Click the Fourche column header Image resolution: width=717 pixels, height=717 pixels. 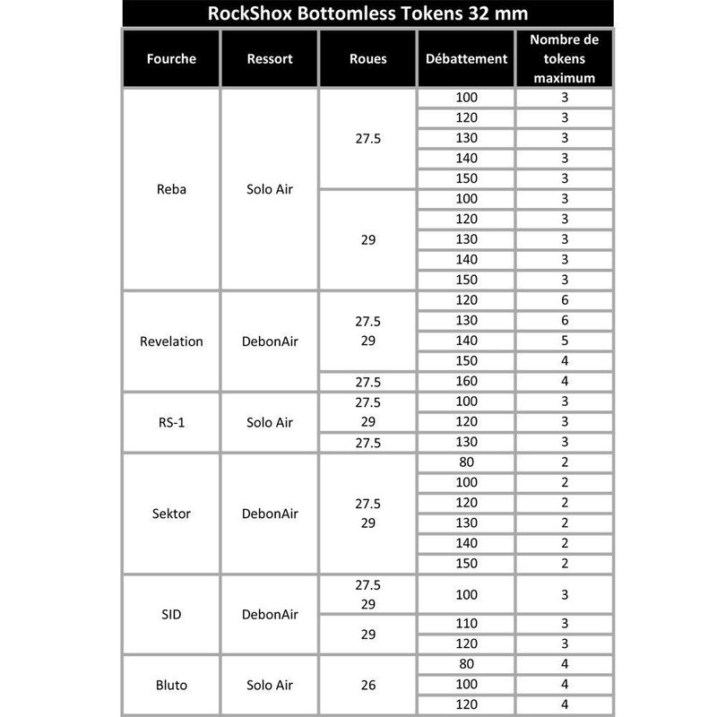tap(171, 59)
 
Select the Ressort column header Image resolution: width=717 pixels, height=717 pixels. tap(270, 59)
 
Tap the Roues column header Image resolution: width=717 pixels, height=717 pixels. tap(367, 59)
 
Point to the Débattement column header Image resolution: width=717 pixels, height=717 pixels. tap(466, 59)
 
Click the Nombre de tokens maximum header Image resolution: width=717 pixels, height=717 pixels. tap(565, 59)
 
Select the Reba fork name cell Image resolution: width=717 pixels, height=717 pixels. tap(171, 189)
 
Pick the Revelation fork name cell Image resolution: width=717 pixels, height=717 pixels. tap(171, 341)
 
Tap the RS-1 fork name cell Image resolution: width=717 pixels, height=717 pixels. tap(171, 422)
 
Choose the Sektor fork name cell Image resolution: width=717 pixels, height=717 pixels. tap(171, 514)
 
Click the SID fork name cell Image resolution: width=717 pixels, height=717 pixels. tap(171, 615)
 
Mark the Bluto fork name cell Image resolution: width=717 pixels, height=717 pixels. tap(171, 686)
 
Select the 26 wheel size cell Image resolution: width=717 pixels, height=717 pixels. tap(367, 686)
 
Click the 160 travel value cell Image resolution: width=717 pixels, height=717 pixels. tap(466, 381)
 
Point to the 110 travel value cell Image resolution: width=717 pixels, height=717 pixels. tap(466, 623)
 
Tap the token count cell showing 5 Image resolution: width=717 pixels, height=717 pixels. tap(565, 341)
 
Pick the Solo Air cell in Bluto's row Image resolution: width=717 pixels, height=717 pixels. tap(270, 686)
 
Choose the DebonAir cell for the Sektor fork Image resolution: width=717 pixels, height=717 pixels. tap(270, 514)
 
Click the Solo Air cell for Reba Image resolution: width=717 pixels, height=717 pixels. tap(270, 189)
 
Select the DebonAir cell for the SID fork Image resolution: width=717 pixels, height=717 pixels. tap(270, 615)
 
